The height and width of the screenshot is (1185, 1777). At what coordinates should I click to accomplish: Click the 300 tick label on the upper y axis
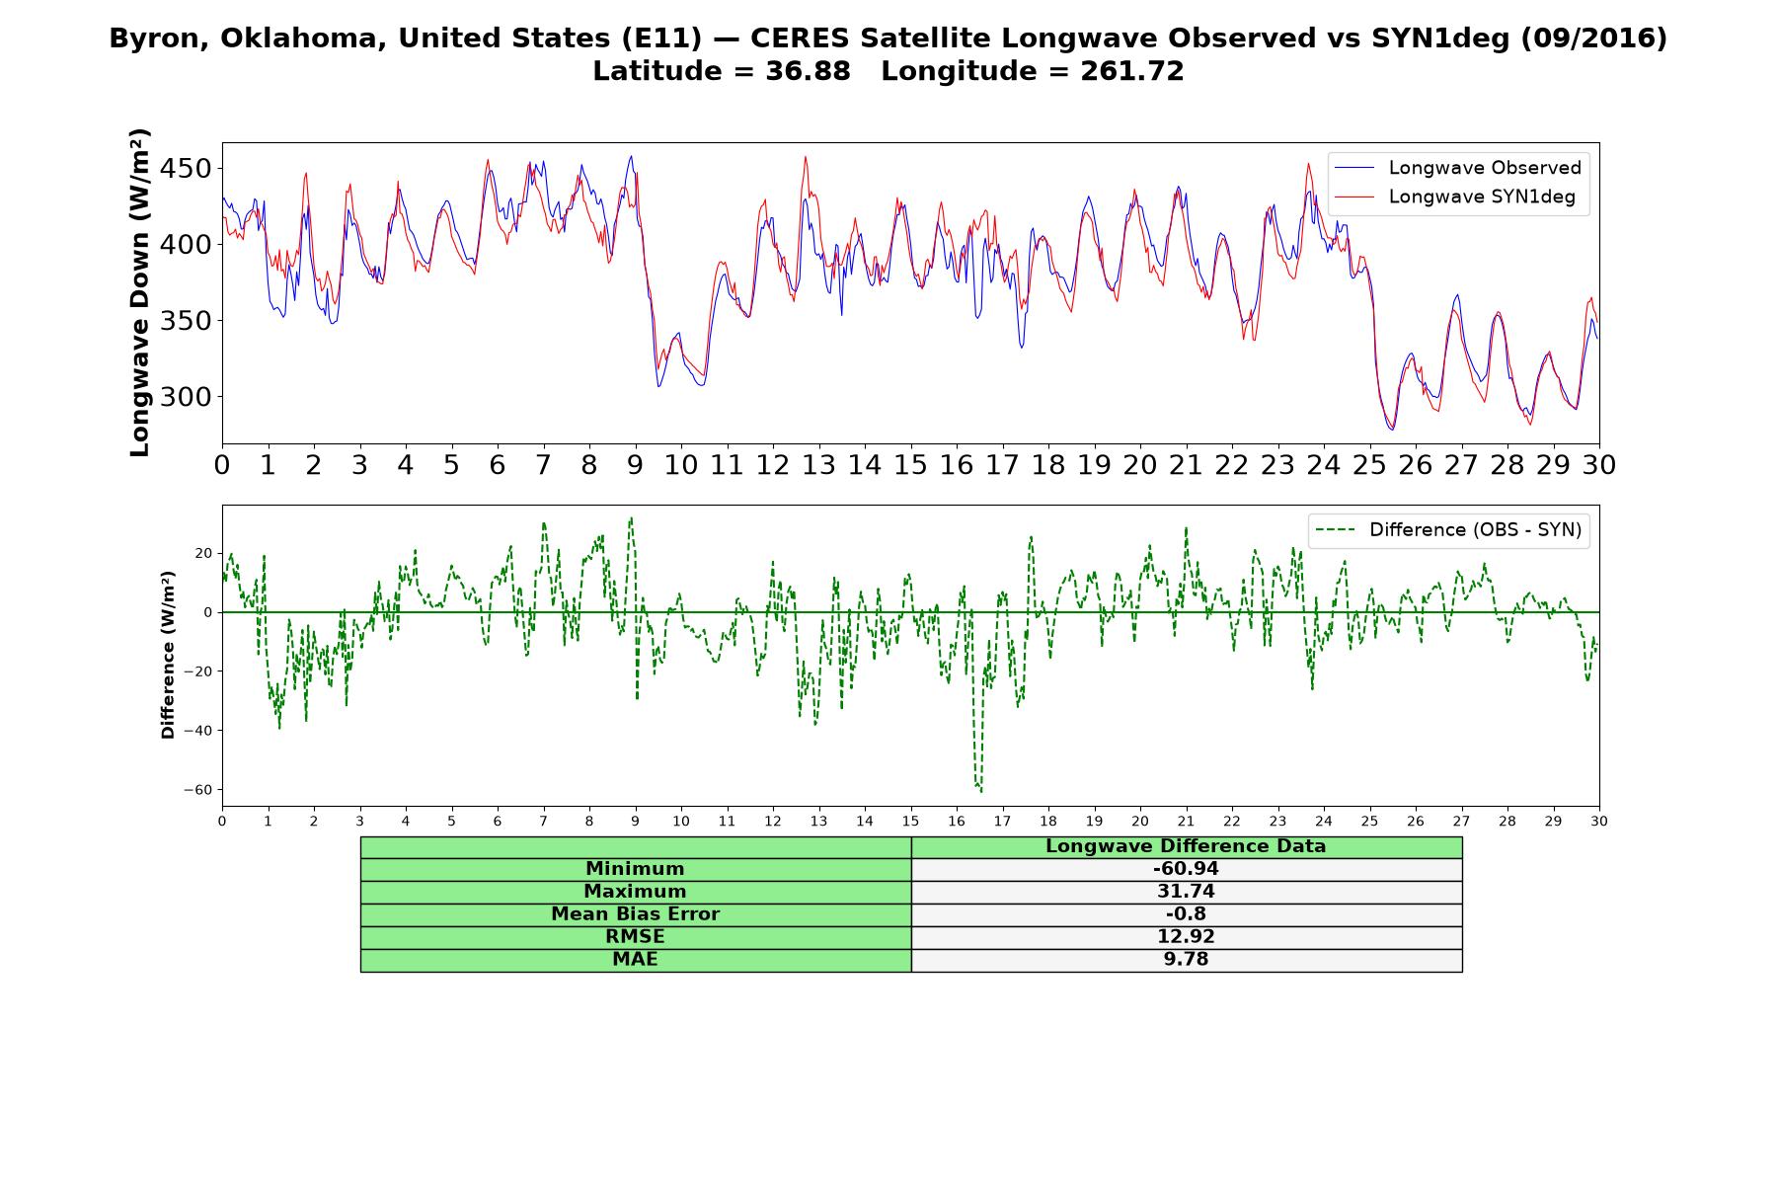187,397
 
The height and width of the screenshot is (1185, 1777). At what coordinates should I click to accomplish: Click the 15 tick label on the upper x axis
910,465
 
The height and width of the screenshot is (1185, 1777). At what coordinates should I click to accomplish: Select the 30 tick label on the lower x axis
1599,821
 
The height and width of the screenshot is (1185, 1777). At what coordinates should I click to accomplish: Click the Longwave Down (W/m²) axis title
139,292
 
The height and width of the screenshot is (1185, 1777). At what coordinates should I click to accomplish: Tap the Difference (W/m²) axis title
168,655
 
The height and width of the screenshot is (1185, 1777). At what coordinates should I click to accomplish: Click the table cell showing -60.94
1186,869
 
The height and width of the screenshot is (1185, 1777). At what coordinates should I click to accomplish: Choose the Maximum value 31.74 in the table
1186,892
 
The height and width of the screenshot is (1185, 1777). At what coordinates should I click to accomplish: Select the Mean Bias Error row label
635,914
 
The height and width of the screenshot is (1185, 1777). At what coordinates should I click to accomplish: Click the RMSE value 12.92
1186,937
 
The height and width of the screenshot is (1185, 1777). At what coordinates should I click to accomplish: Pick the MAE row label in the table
635,960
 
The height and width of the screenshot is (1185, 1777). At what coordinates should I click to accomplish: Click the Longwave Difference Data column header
1186,846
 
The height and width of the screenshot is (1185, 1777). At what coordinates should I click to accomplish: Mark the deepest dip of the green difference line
980,791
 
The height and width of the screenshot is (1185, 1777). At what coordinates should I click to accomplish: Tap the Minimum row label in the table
635,869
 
